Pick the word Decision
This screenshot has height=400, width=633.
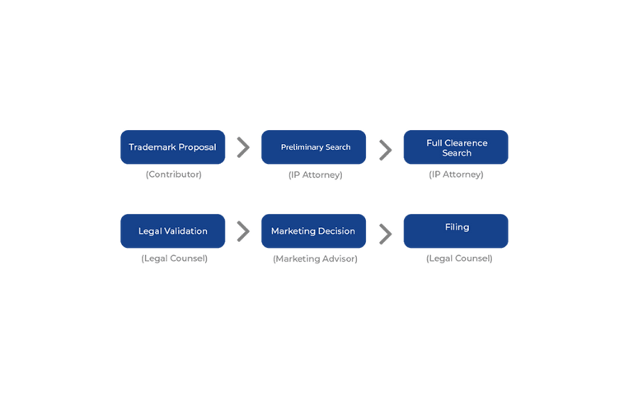(337, 231)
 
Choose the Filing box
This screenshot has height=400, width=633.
(456, 230)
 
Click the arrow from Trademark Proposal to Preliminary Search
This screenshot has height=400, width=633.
(243, 147)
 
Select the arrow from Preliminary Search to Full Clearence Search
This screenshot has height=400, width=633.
(385, 149)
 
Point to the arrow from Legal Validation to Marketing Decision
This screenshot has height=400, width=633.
(243, 231)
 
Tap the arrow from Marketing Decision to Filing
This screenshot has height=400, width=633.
(385, 233)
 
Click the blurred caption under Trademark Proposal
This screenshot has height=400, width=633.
(173, 175)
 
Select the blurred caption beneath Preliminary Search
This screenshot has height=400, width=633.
(314, 175)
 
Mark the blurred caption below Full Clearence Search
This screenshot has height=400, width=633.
(456, 175)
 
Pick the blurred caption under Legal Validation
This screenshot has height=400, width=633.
(173, 259)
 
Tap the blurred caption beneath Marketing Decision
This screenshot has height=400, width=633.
(314, 259)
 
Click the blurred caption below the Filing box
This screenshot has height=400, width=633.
(458, 259)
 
